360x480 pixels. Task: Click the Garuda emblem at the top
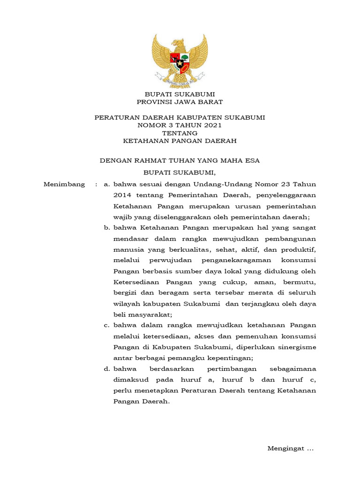(x=180, y=60)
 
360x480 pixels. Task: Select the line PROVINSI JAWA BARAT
(x=180, y=102)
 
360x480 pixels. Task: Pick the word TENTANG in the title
(x=180, y=133)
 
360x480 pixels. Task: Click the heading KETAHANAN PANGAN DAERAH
(x=180, y=141)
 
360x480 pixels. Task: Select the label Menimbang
(x=64, y=184)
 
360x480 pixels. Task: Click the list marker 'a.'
(x=106, y=184)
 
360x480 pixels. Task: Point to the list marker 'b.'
(x=106, y=228)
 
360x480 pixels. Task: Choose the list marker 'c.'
(x=106, y=325)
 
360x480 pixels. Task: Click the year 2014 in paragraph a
(x=121, y=195)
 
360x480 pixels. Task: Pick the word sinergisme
(x=298, y=347)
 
